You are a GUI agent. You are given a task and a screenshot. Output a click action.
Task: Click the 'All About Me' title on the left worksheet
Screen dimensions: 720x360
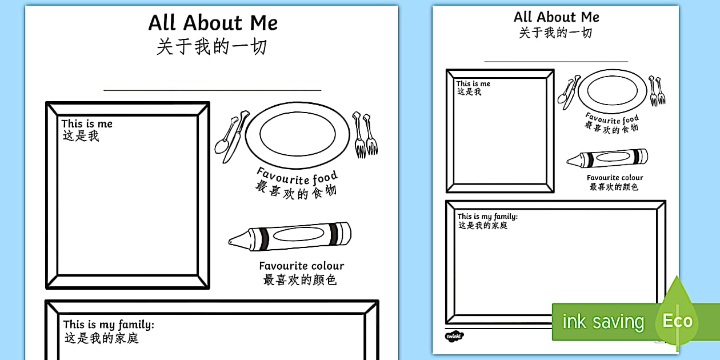(213, 23)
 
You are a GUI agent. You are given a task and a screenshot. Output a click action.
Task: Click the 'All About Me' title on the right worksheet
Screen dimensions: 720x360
(557, 17)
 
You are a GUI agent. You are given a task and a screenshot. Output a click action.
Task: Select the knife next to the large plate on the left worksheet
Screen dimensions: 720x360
(236, 137)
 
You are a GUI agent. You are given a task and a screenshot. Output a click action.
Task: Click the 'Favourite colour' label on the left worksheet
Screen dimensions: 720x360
(302, 266)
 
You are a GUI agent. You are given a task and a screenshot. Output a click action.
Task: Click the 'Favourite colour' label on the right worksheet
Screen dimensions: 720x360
(615, 177)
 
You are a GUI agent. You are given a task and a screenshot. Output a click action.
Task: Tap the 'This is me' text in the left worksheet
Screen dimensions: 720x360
(87, 124)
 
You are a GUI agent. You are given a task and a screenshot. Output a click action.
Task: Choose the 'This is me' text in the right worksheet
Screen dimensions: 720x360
(473, 83)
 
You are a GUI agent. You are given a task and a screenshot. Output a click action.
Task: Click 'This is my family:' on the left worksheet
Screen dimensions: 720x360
(109, 325)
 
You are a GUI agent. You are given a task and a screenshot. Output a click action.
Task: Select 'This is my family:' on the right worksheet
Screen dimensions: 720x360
(487, 217)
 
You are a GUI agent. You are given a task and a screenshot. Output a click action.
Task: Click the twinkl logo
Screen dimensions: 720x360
(454, 336)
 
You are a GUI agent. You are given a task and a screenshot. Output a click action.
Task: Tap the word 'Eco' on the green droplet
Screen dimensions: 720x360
(678, 321)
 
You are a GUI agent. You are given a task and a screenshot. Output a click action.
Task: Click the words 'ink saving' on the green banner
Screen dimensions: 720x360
(603, 321)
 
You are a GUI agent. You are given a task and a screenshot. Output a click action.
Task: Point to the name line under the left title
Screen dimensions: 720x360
(212, 90)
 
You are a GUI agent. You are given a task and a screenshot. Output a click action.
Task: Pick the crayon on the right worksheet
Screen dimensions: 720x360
(607, 158)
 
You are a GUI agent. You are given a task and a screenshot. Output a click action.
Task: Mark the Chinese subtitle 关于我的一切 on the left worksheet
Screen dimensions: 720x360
(212, 47)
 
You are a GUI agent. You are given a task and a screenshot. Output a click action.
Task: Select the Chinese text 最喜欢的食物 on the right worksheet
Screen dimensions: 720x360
(611, 127)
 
